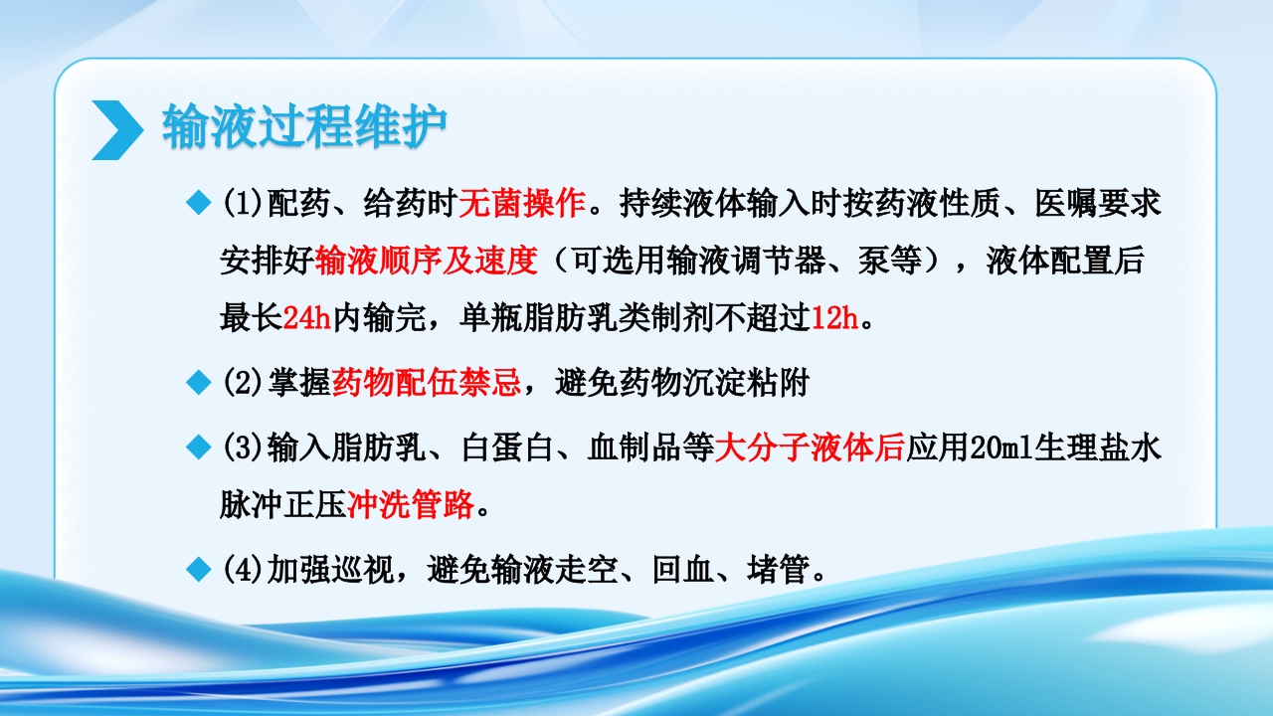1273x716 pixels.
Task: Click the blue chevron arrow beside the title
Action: [116, 129]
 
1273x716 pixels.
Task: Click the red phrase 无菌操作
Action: [521, 205]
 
